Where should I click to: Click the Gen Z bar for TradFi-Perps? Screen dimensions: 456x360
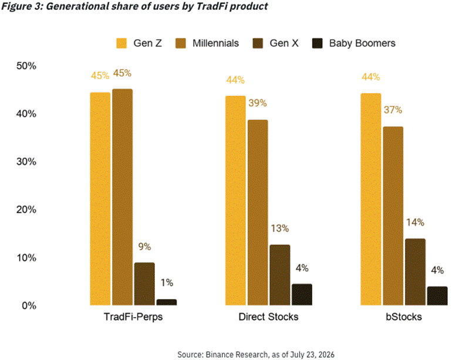(x=100, y=199)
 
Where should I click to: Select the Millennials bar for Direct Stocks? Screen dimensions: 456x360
(x=258, y=212)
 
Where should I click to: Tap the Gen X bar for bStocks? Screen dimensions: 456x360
(x=416, y=272)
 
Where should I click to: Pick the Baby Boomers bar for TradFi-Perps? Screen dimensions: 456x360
(x=167, y=302)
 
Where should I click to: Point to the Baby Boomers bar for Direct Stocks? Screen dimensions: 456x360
(x=302, y=294)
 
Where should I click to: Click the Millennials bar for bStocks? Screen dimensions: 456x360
(x=393, y=216)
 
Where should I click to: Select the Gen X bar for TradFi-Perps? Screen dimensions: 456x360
(x=144, y=284)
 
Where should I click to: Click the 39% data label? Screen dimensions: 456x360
(x=258, y=103)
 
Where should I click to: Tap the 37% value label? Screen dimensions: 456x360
(x=393, y=110)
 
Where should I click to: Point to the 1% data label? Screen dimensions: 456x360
(x=167, y=283)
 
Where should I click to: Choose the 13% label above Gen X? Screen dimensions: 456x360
(x=280, y=229)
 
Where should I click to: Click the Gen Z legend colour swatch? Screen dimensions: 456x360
(x=121, y=43)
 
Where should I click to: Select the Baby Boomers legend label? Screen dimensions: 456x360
(x=362, y=43)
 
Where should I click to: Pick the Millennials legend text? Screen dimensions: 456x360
(x=215, y=43)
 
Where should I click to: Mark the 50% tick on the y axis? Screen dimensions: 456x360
(x=26, y=66)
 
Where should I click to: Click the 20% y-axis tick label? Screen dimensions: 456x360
(x=26, y=209)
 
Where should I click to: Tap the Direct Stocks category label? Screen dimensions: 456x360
(x=268, y=317)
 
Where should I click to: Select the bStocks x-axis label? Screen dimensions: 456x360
(x=404, y=317)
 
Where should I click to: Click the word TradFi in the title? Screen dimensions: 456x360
(x=212, y=6)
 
